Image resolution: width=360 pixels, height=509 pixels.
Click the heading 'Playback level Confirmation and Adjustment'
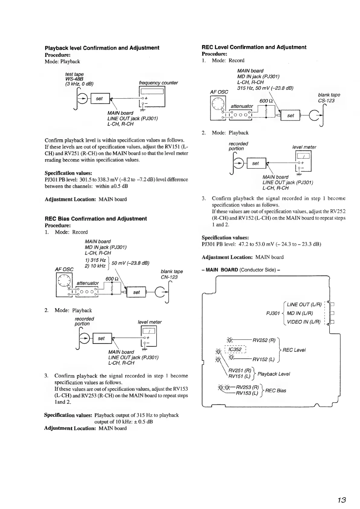(102, 48)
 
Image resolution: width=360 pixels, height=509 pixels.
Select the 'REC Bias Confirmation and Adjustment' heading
(96, 219)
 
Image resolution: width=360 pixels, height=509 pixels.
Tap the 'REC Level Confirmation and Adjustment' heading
(254, 47)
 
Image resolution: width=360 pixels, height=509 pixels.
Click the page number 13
(341, 500)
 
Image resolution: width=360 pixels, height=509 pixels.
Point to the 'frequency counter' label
(158, 83)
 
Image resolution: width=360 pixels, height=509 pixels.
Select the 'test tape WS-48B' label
(74, 77)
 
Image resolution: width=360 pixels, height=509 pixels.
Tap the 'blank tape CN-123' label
(171, 274)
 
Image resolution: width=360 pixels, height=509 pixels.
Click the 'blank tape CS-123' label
(329, 98)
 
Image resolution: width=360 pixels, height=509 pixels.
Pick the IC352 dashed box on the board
(235, 350)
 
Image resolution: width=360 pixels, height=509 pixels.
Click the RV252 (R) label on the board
(264, 340)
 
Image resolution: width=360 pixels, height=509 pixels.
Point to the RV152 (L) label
(263, 359)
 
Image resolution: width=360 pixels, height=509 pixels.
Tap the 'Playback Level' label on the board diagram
(274, 374)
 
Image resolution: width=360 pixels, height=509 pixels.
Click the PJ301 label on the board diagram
(273, 313)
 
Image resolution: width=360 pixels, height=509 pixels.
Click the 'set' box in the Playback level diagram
(99, 99)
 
